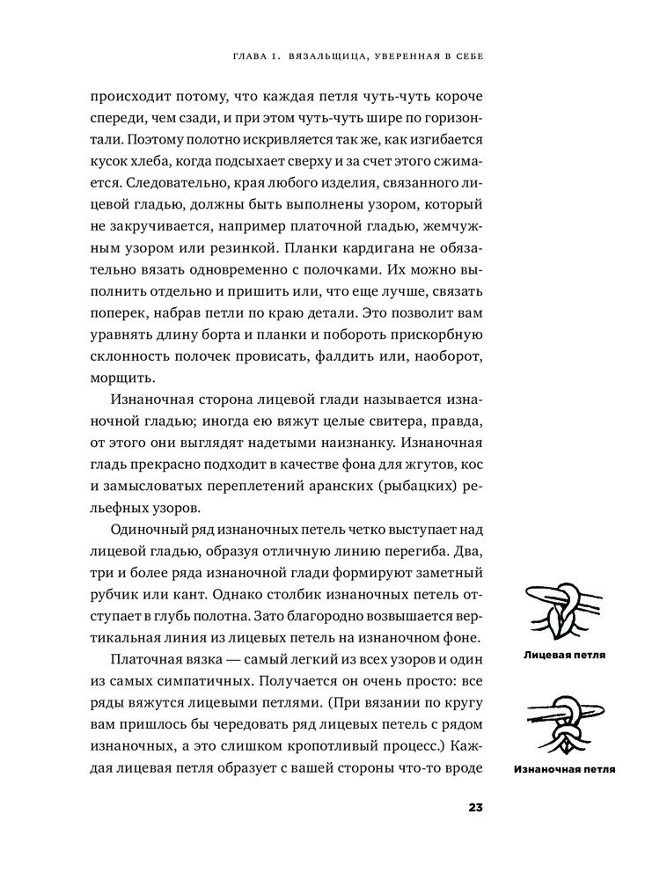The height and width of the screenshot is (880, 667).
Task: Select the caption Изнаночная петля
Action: pyautogui.click(x=563, y=769)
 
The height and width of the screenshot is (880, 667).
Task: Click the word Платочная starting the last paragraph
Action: pyautogui.click(x=151, y=659)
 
